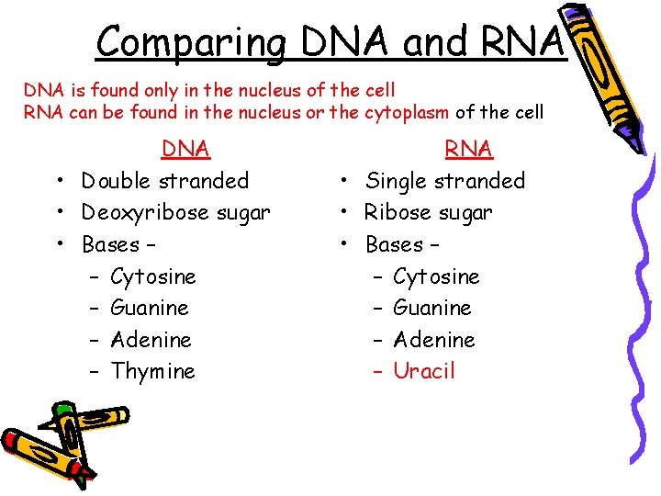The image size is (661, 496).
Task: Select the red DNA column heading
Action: (185, 149)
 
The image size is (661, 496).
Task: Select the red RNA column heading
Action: (468, 149)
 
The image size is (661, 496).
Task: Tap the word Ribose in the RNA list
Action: (395, 213)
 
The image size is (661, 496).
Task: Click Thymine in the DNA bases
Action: (152, 371)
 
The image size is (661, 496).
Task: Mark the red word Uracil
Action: (424, 371)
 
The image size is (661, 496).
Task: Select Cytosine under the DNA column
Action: (152, 276)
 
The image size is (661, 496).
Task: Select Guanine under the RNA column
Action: (431, 308)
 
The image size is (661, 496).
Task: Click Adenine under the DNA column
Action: (151, 340)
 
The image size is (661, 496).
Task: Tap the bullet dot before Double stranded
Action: (57, 181)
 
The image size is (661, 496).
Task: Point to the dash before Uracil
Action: (377, 371)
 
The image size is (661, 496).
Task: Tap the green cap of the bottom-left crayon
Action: (62, 408)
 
